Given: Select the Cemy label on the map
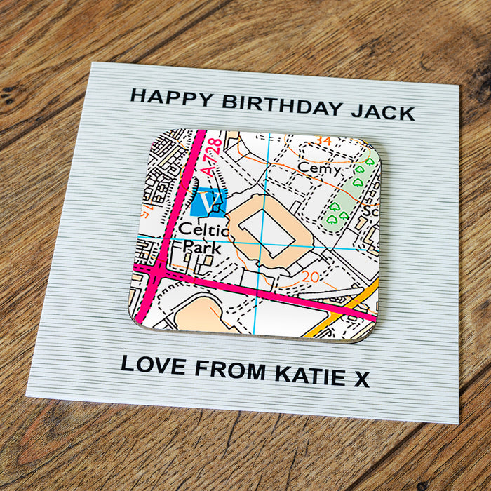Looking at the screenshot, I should coord(319,168).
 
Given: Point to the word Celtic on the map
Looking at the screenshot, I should coord(203,230).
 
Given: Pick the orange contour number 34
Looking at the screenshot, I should coord(323,142).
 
